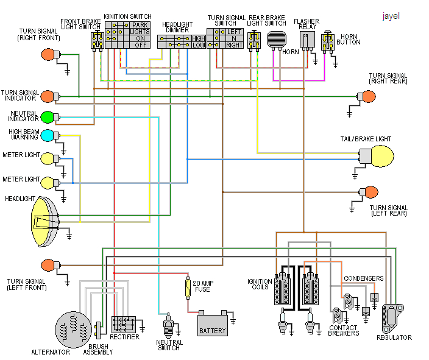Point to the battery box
(212, 323)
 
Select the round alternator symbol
(73, 329)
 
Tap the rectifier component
(124, 323)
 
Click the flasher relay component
(307, 40)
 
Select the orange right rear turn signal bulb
(369, 97)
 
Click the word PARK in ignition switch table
(140, 25)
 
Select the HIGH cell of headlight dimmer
(198, 38)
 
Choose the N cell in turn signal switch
(235, 38)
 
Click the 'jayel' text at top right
(391, 16)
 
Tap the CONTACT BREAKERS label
(343, 330)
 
